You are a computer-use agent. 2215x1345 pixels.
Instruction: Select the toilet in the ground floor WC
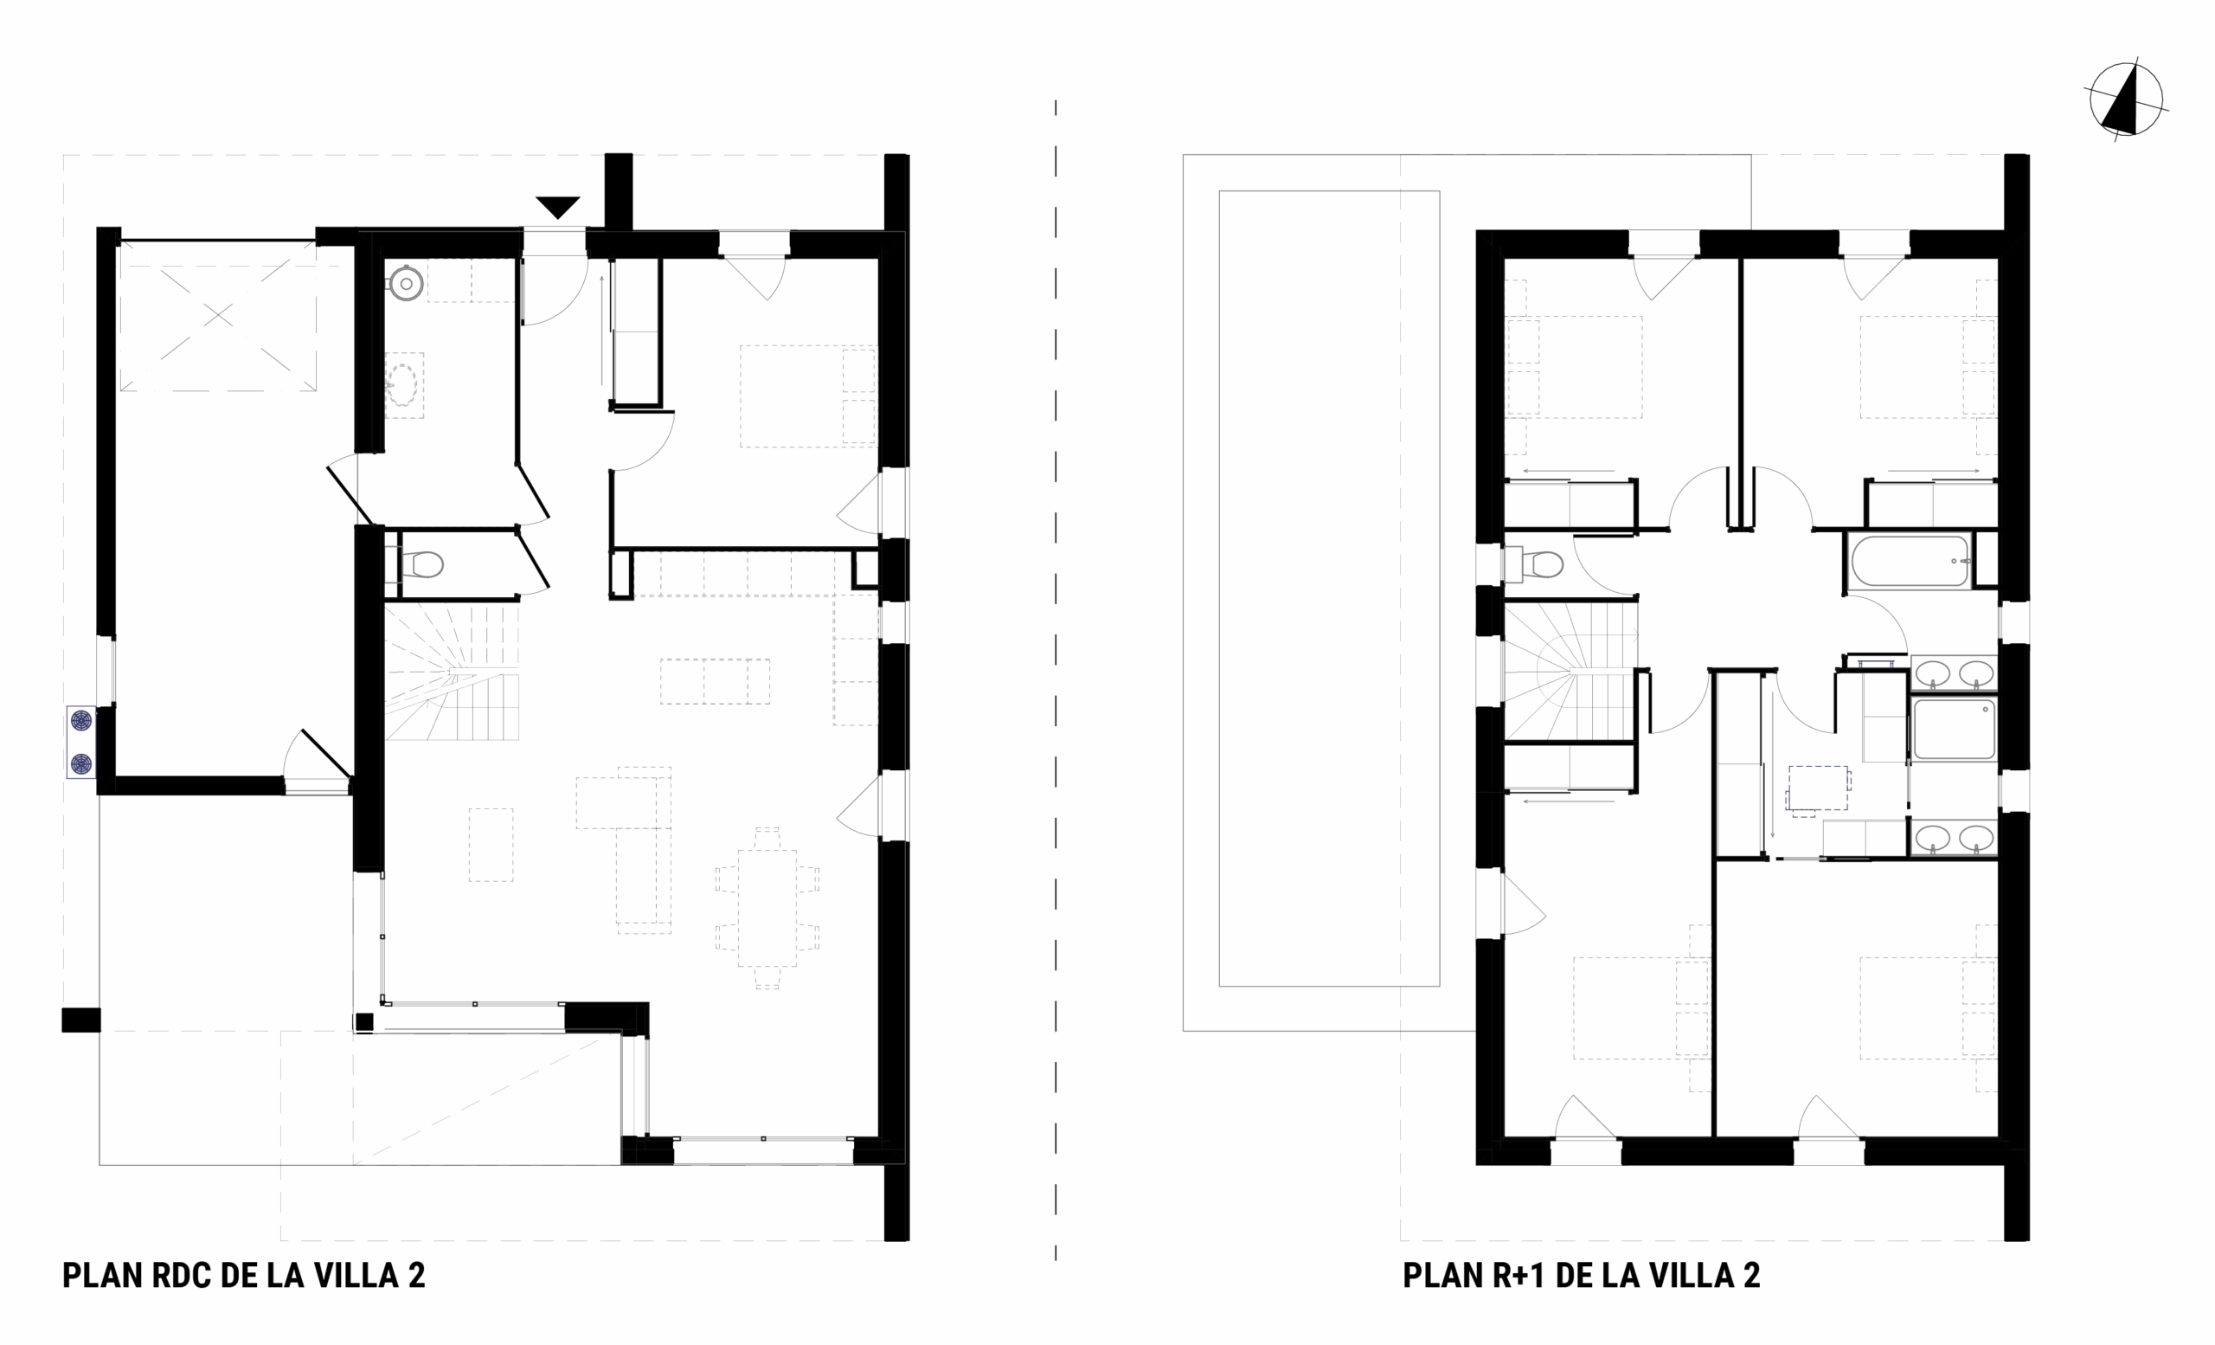point(421,564)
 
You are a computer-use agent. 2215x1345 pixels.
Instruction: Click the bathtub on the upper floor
point(1910,561)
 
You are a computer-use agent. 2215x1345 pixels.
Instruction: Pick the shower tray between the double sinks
point(1955,730)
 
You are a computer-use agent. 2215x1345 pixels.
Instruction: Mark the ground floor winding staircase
point(453,671)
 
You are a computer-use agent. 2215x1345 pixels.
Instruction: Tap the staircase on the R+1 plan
point(1569,671)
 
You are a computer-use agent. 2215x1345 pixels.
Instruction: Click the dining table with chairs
point(767,908)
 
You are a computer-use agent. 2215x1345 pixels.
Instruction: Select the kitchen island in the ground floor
point(715,680)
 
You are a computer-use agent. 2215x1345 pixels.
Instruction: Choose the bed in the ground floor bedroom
point(807,396)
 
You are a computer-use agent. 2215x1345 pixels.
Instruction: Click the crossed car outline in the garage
point(218,315)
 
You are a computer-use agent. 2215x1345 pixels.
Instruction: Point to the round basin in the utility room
point(407,284)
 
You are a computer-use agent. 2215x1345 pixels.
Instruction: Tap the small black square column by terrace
point(364,1022)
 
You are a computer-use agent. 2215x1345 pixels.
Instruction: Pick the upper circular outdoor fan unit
point(82,721)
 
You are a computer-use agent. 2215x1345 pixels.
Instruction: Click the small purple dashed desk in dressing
point(1818,788)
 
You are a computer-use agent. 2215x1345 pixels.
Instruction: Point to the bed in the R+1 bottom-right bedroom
point(1928,1007)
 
